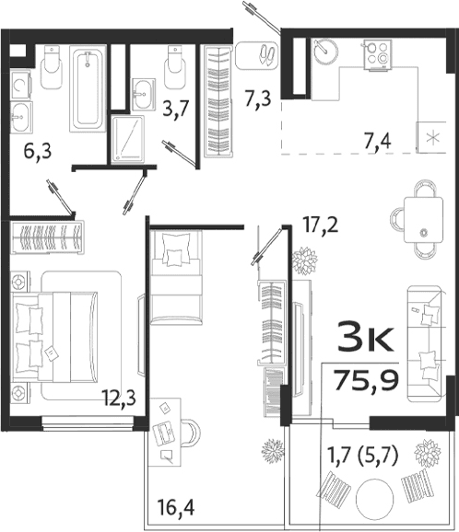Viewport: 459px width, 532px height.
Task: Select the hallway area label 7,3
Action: [x=259, y=97]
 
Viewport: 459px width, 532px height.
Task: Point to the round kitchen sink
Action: [x=327, y=52]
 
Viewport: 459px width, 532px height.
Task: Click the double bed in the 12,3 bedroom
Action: [x=57, y=334]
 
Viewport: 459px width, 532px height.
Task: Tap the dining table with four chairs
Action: [x=423, y=219]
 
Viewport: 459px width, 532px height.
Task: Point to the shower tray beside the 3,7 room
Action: [x=128, y=138]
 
